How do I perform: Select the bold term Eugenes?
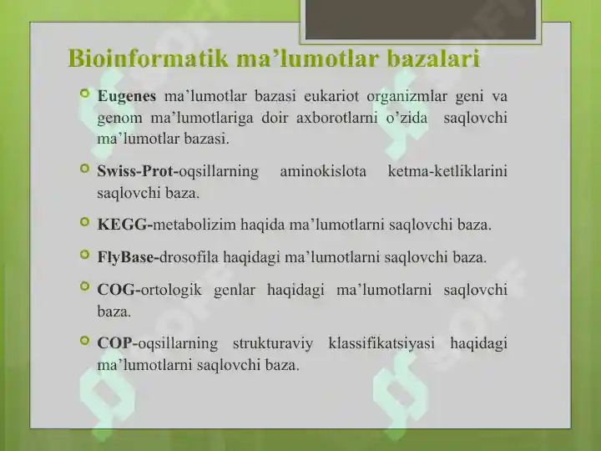(x=126, y=96)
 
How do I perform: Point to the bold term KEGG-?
(x=124, y=225)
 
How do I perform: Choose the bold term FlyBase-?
(x=128, y=257)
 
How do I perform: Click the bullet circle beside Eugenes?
(x=83, y=95)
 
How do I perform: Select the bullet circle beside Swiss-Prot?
(x=83, y=170)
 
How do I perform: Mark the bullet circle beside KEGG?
(x=83, y=224)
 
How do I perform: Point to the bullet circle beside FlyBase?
(x=83, y=256)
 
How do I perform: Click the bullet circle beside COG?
(x=83, y=289)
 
